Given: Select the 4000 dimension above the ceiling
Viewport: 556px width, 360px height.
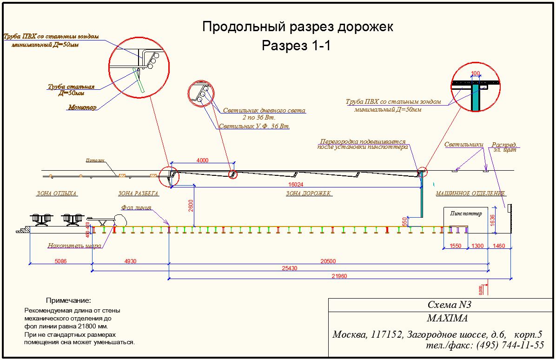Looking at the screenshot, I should tap(202, 160).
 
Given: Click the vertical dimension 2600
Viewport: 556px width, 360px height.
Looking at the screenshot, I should tap(191, 205).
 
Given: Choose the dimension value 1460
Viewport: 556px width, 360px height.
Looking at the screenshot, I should tap(498, 246).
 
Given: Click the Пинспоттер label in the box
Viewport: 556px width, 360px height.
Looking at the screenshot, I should tap(466, 213).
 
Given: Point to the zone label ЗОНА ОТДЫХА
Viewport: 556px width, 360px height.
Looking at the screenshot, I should tap(57, 193).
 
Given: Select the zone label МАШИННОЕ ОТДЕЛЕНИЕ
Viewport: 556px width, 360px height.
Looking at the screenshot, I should tap(470, 193).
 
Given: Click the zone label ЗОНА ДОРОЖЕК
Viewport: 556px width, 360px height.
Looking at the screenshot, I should tap(309, 193).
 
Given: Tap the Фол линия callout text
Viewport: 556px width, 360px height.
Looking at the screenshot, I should tap(136, 208).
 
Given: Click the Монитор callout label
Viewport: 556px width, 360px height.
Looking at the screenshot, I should tap(82, 107).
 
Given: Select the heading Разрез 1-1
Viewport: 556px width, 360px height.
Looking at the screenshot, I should tap(296, 46).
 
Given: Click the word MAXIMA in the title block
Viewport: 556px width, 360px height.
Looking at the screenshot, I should tap(447, 319).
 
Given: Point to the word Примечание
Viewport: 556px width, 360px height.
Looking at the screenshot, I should tap(68, 301).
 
